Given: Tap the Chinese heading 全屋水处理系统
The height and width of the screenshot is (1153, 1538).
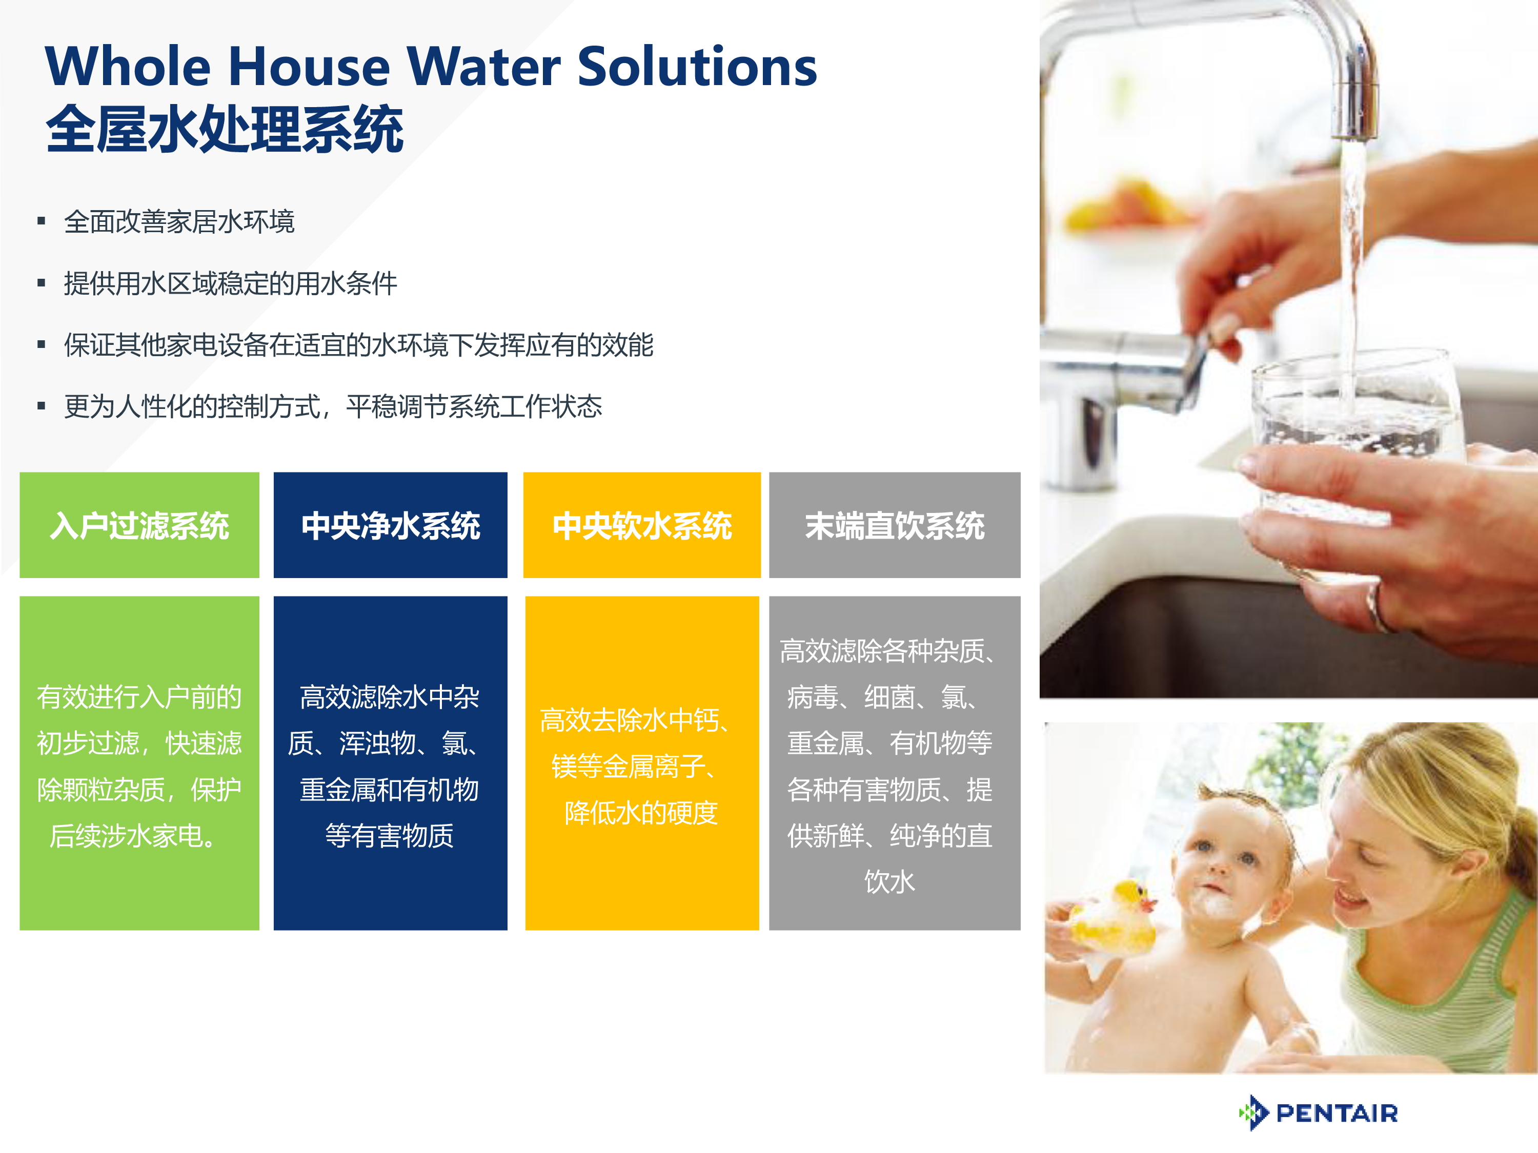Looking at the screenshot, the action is (225, 129).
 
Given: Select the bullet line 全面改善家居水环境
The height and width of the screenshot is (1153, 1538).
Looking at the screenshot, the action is (179, 222).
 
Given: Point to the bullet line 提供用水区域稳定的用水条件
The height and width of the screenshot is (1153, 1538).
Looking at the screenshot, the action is (231, 283).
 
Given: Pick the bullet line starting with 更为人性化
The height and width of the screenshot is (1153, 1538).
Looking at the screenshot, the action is (333, 406).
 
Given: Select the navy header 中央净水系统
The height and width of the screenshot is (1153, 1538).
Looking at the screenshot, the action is (391, 525).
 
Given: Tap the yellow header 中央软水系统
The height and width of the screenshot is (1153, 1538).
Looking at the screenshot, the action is (642, 525).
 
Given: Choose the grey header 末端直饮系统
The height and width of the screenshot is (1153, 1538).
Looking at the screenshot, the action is (895, 525).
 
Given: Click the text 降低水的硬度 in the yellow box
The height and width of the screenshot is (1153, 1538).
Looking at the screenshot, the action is (641, 812).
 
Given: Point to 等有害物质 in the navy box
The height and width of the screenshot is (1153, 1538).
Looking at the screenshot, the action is (389, 835).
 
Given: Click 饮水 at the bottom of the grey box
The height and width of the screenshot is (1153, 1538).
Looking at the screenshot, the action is (890, 881).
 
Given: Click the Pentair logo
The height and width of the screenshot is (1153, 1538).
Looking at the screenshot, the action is (1318, 1113).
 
